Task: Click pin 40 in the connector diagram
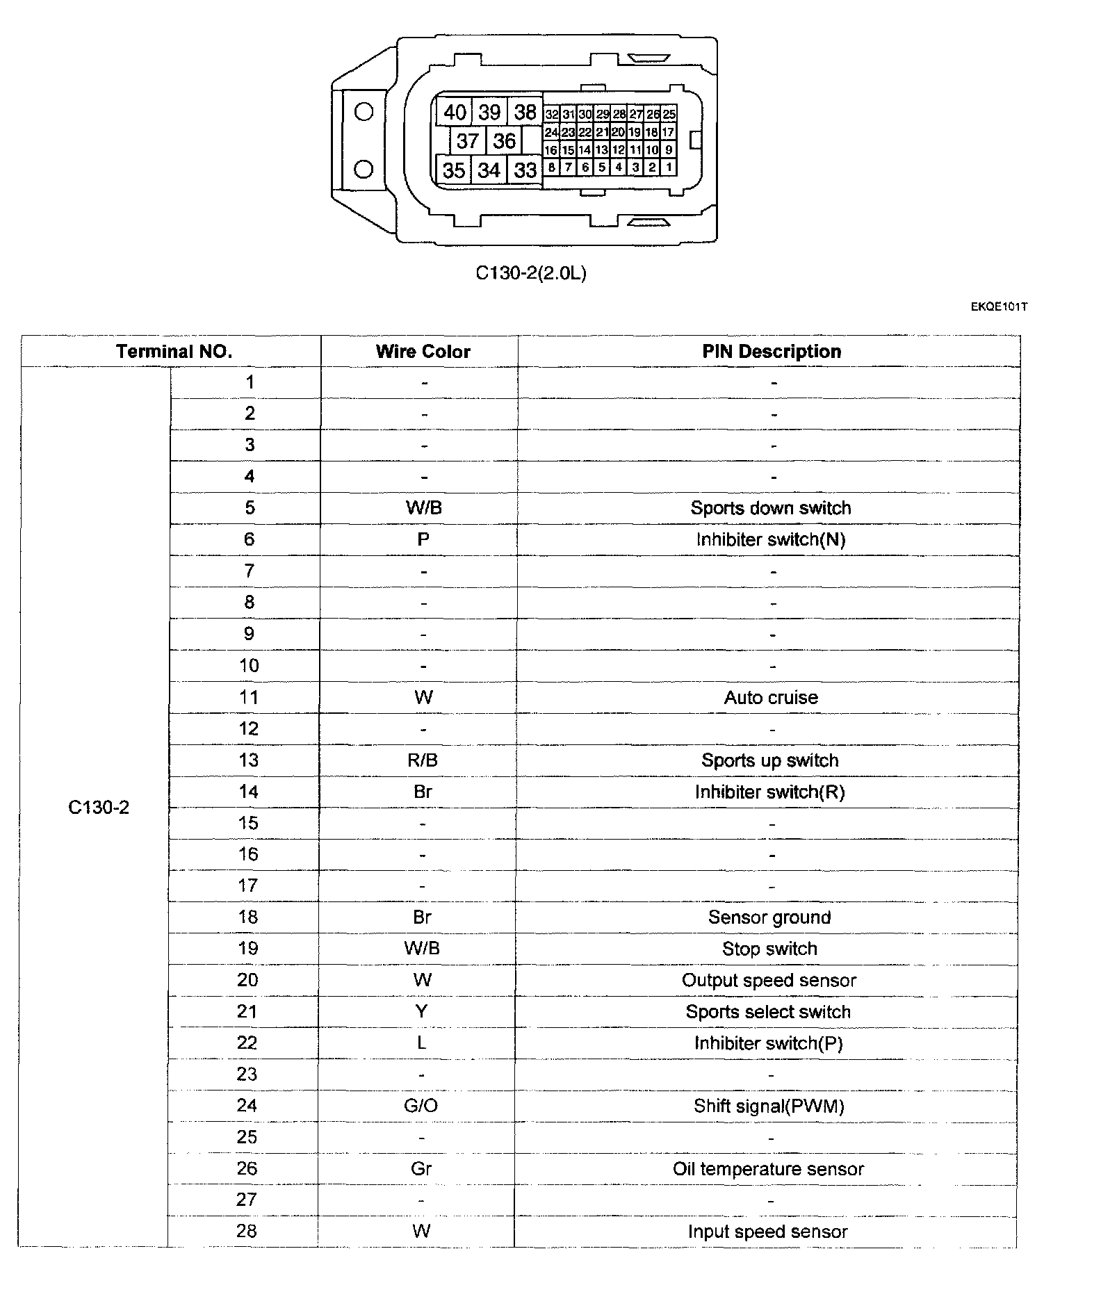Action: click(x=455, y=112)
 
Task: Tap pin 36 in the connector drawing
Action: click(x=504, y=141)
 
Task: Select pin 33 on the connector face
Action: click(x=525, y=170)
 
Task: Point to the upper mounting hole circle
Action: click(x=364, y=112)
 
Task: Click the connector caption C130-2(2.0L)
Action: click(x=531, y=273)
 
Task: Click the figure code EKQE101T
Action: click(x=999, y=307)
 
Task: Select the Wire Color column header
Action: click(x=423, y=352)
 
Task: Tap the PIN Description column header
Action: click(x=771, y=352)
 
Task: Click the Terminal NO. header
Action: click(x=174, y=352)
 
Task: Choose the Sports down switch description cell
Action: click(x=771, y=508)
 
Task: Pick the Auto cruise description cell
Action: click(x=771, y=698)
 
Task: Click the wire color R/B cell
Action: click(x=423, y=760)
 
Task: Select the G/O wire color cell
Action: click(x=421, y=1106)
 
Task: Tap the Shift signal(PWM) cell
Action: click(x=769, y=1106)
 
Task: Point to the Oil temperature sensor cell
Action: click(x=768, y=1169)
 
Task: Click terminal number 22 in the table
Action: click(x=247, y=1043)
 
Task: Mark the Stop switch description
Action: click(x=769, y=949)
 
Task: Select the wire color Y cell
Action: click(x=421, y=1011)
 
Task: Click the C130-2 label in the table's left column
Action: click(x=99, y=808)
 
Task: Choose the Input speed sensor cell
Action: click(x=767, y=1232)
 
